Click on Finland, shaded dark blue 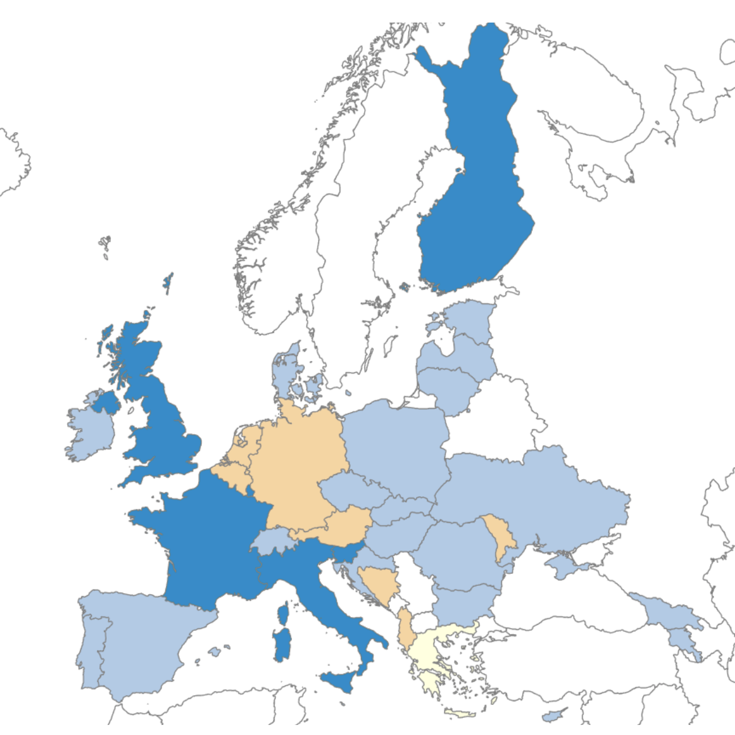tap(476, 188)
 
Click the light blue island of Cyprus tap(551, 716)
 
